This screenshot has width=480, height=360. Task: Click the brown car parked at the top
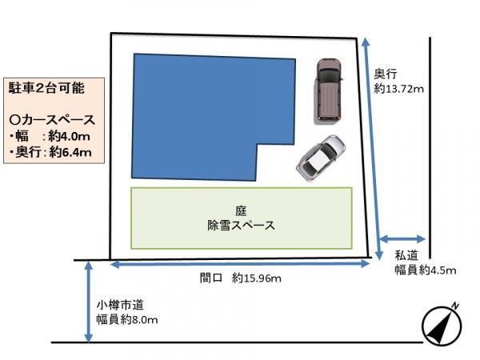327,90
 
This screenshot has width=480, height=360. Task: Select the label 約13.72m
398,89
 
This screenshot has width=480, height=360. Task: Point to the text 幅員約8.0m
127,320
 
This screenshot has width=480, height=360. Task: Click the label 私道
406,255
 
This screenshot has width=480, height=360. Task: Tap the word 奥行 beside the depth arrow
386,74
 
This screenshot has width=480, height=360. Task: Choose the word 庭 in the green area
241,210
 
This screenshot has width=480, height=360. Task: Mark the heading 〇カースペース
51,120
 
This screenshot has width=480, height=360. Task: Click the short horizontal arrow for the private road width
402,238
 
